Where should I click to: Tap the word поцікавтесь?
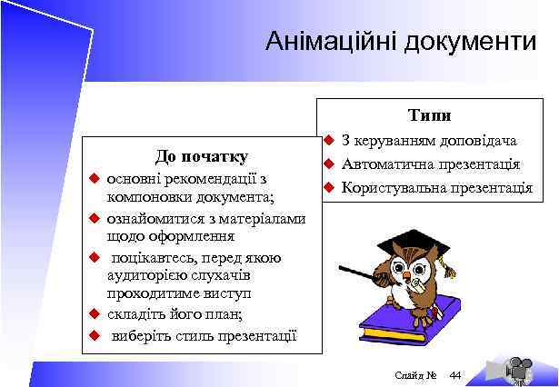coord(150,258)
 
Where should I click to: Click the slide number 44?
coord(455,374)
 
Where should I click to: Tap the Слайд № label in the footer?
coord(417,374)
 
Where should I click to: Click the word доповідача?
coord(477,141)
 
